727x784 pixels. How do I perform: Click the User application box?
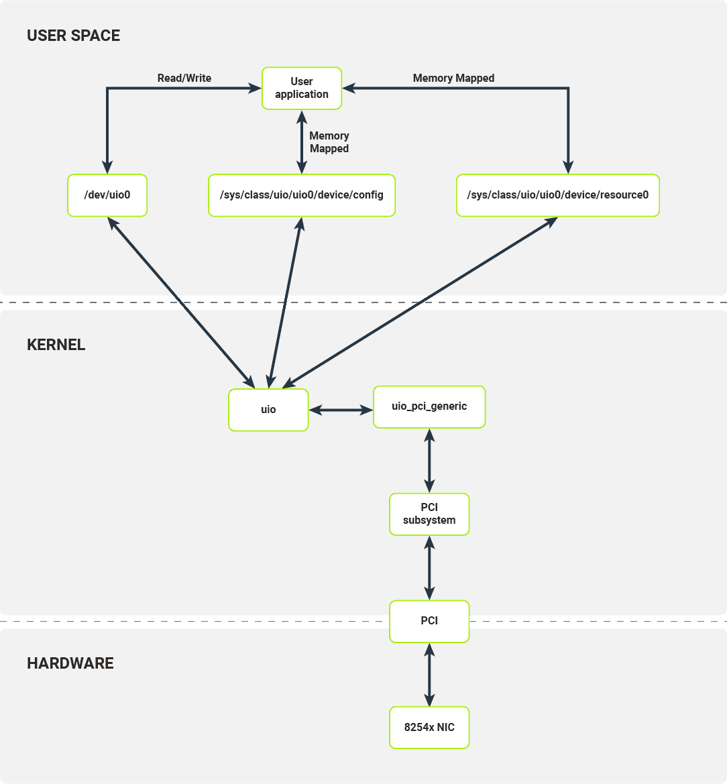[301, 88]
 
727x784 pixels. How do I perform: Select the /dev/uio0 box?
[107, 195]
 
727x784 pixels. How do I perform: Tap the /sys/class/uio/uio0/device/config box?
[301, 195]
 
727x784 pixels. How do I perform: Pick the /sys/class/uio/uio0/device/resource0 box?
[557, 195]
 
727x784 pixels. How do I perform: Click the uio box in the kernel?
[268, 410]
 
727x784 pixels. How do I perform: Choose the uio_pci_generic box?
[429, 406]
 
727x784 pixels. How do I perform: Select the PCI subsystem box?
[429, 514]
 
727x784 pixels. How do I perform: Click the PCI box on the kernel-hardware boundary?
[429, 621]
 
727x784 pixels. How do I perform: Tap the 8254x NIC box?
[429, 728]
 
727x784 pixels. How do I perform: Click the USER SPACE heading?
[73, 36]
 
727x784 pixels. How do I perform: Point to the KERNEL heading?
[56, 345]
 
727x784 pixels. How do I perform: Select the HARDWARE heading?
[70, 663]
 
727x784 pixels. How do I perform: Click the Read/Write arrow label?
[184, 78]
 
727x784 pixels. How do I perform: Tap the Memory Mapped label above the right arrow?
[453, 78]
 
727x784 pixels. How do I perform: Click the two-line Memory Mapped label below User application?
[329, 142]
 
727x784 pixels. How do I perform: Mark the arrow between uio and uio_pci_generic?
[341, 410]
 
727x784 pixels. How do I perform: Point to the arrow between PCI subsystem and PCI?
[429, 568]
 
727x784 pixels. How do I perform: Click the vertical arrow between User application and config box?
[301, 142]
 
